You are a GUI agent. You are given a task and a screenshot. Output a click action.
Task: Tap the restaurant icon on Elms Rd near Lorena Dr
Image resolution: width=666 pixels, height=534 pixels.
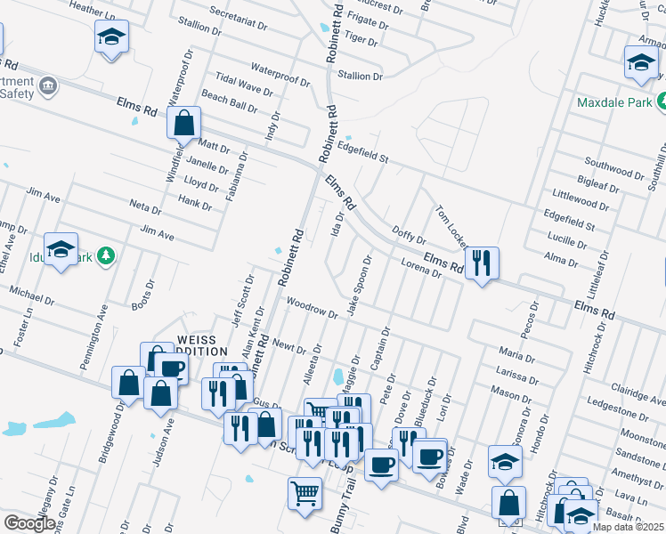(482, 263)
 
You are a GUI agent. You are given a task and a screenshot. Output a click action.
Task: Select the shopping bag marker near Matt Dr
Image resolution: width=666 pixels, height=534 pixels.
(183, 123)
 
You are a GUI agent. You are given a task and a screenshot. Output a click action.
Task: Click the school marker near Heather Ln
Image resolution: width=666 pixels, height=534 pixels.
(111, 37)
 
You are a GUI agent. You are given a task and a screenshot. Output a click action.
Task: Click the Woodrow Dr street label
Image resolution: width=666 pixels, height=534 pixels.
(312, 308)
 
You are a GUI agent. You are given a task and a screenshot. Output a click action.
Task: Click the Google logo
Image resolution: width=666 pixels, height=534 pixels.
(29, 523)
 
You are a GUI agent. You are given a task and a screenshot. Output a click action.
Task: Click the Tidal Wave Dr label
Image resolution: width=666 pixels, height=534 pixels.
(237, 90)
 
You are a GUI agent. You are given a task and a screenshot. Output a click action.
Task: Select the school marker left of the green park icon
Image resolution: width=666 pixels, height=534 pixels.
(61, 250)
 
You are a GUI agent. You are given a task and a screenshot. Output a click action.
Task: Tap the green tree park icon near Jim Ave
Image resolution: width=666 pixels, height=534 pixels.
(106, 255)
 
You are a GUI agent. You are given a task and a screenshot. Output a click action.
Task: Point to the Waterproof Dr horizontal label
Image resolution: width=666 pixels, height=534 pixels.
(280, 75)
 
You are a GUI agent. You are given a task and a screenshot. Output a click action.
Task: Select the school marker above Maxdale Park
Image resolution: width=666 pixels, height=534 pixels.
(639, 63)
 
